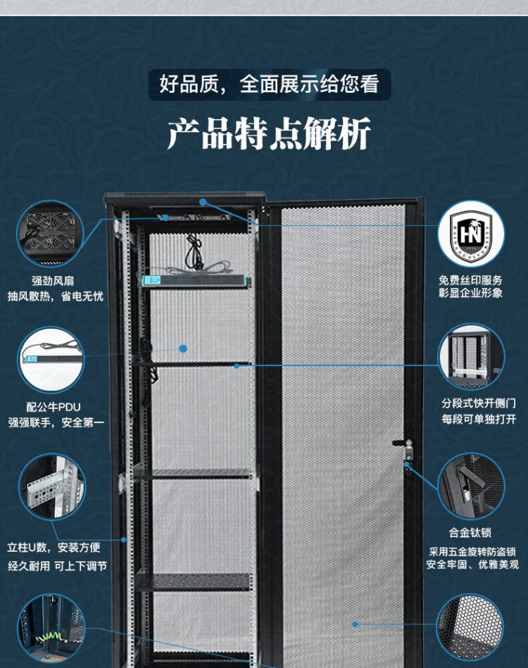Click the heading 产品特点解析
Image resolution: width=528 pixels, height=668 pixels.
(268, 134)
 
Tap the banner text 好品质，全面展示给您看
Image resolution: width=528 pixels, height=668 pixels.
(269, 85)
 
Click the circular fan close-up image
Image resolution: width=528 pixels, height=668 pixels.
(51, 233)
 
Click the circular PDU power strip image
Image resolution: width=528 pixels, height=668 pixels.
(51, 360)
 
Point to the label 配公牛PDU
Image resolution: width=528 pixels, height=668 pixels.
(54, 406)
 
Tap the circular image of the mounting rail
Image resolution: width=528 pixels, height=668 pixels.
(51, 486)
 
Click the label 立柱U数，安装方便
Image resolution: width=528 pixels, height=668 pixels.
(54, 547)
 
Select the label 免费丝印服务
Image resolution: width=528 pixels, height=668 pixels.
(471, 280)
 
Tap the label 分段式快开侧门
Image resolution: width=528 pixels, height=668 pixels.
(479, 403)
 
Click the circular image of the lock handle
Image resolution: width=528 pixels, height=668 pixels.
(472, 486)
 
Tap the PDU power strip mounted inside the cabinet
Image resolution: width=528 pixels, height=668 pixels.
(196, 281)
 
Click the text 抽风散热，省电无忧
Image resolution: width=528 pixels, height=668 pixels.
(56, 296)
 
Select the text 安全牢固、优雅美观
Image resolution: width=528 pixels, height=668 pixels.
(472, 565)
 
